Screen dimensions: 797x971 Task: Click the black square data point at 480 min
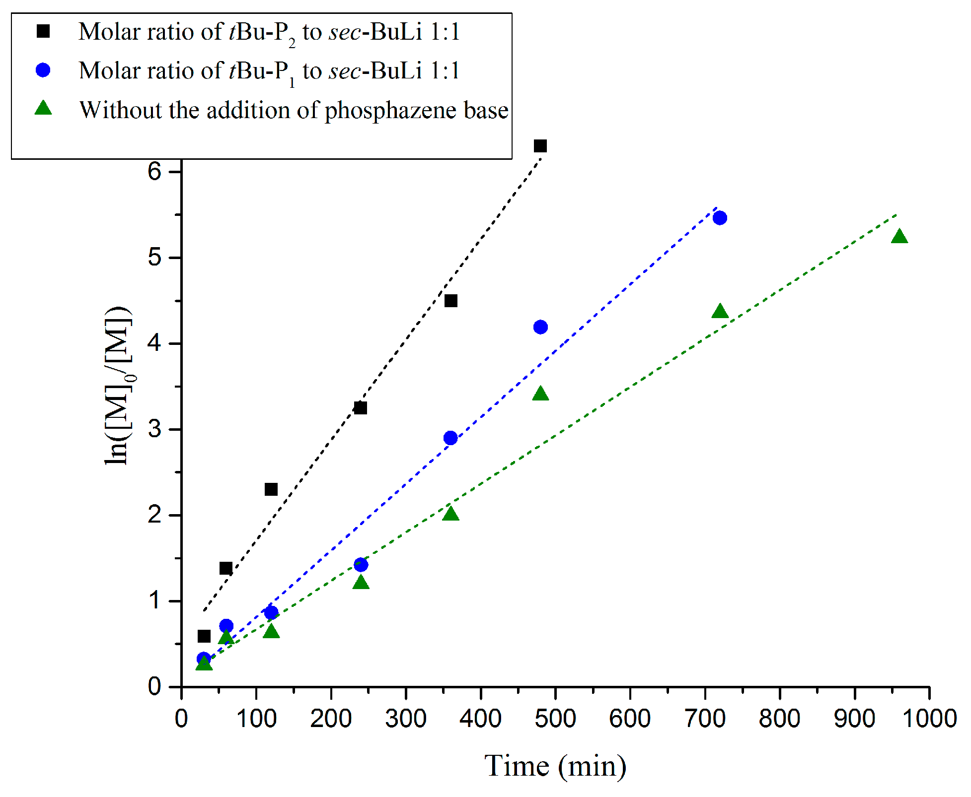(540, 146)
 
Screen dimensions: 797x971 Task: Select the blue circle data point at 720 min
(720, 218)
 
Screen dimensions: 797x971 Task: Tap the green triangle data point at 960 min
(899, 237)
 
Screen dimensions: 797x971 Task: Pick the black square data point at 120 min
(271, 489)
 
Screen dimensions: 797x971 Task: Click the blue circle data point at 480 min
(540, 327)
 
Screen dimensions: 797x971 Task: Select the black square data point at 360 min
(450, 301)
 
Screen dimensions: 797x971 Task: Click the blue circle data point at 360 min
(450, 438)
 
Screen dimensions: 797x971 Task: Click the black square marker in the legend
(43, 32)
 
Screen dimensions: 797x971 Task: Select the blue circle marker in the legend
(43, 70)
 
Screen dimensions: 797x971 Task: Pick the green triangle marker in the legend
(43, 108)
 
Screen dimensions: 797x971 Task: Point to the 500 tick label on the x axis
(555, 719)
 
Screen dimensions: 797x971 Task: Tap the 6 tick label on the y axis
(155, 172)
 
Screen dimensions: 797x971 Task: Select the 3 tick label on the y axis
(155, 429)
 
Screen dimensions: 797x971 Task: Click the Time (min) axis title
(555, 766)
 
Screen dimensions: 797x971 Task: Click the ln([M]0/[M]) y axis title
(118, 386)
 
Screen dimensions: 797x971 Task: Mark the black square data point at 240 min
(361, 408)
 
